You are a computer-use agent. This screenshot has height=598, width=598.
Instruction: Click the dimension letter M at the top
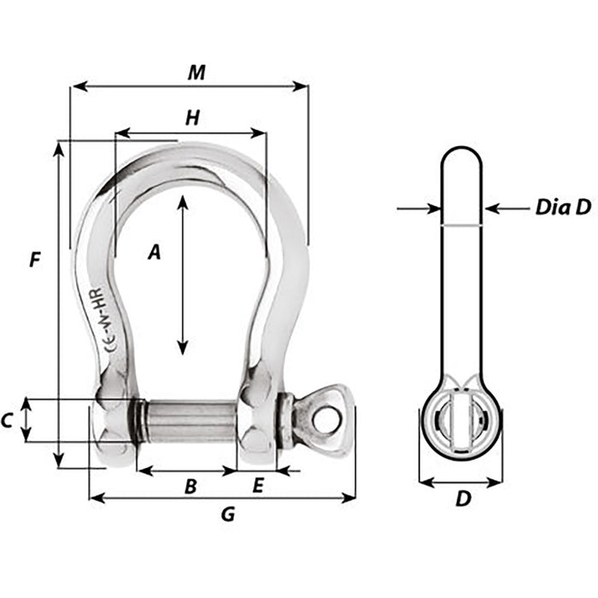[x=197, y=73]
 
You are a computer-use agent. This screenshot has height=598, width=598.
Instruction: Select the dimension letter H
[x=192, y=119]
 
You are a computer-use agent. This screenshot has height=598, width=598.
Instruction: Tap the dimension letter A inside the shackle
[x=155, y=252]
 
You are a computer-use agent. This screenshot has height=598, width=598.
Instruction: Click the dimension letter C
[x=8, y=419]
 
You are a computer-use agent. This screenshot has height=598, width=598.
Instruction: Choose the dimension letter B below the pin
[x=191, y=486]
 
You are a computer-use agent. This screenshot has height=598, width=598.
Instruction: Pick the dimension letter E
[x=258, y=486]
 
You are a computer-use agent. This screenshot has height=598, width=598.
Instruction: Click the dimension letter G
[x=227, y=514]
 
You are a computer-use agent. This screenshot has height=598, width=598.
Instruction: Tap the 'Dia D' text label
[x=563, y=207]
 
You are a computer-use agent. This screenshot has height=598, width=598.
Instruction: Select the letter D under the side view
[x=462, y=499]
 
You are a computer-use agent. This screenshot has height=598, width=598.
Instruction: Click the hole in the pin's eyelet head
[x=325, y=420]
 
